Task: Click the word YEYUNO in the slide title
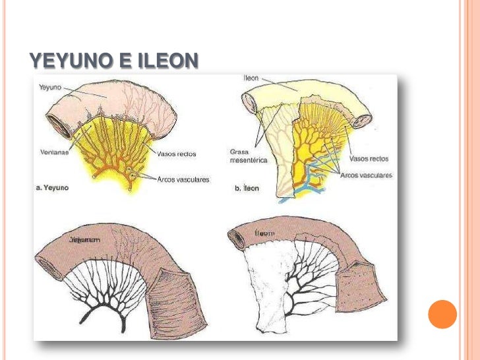pos(70,61)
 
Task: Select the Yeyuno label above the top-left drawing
pos(50,87)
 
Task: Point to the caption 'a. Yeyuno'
pos(51,188)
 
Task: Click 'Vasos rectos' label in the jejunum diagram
pos(177,154)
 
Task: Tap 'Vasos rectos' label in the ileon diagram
pos(370,159)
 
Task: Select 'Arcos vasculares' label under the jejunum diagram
pos(183,179)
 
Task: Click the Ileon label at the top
pos(251,78)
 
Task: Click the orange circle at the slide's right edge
pos(442,314)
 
